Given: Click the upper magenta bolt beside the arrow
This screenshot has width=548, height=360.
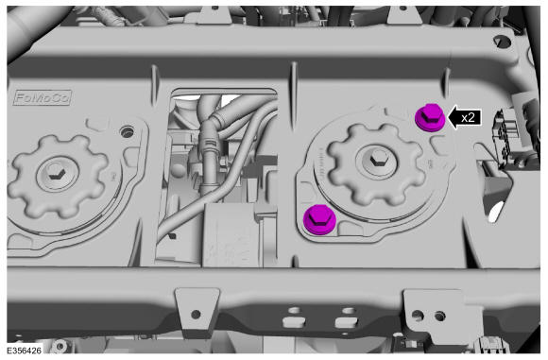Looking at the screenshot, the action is point(430,118).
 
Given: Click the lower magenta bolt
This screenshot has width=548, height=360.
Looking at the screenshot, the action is point(319,219).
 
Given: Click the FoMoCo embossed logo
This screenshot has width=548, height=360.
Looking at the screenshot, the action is point(43,97).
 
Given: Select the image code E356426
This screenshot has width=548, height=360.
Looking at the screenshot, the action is point(25,350).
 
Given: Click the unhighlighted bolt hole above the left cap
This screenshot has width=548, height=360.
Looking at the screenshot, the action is point(127,132).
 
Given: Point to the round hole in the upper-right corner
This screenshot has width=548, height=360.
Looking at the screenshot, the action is point(503,42).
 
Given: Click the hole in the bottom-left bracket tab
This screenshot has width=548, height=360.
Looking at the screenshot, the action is point(197,314).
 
